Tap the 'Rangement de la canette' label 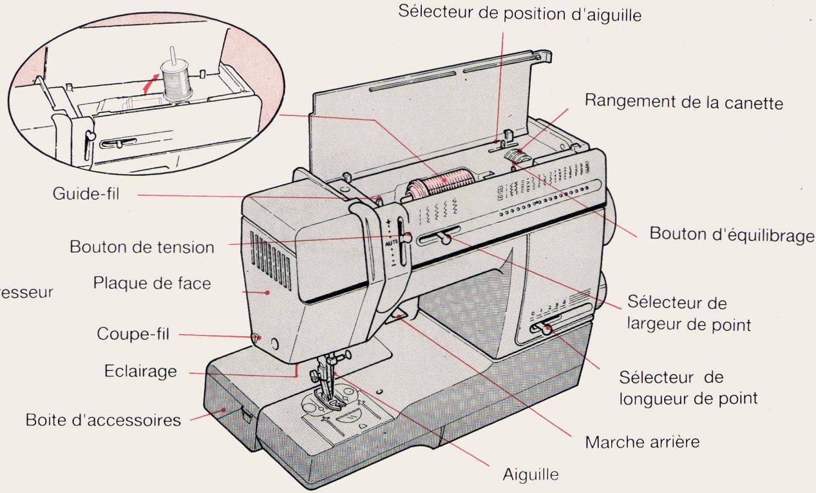(684, 103)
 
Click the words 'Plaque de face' (152, 284)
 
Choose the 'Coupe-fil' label (134, 335)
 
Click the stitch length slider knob (547, 331)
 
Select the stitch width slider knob (444, 240)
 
